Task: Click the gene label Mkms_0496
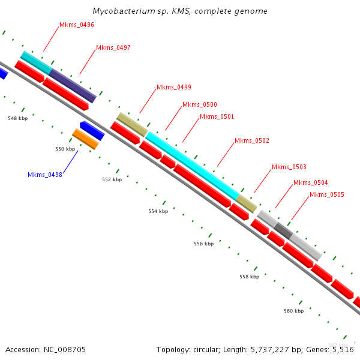76,25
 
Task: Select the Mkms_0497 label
113,47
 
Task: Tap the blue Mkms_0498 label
44,175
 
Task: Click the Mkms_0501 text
217,116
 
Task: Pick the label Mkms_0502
251,140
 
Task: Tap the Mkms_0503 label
289,167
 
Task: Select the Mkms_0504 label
310,182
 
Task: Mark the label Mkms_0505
326,194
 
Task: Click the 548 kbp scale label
17,118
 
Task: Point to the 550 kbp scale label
65,149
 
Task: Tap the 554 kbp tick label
158,211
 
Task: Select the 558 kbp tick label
249,277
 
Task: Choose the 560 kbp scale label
293,311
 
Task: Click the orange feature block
85,139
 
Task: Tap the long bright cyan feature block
191,166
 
